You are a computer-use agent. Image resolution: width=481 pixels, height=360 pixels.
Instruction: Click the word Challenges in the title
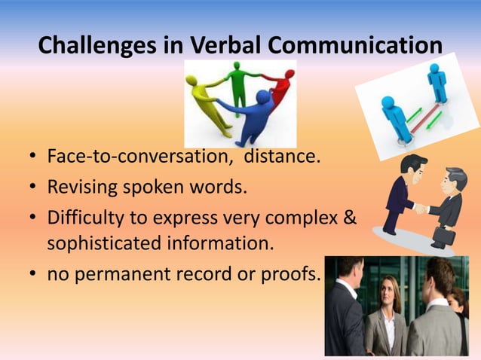coord(97,46)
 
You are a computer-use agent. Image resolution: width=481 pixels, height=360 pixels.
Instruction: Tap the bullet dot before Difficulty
coord(34,217)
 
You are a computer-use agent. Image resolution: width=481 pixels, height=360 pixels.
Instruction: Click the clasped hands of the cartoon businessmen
coord(420,208)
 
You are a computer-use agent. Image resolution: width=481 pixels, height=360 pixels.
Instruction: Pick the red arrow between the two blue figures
coord(425,112)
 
